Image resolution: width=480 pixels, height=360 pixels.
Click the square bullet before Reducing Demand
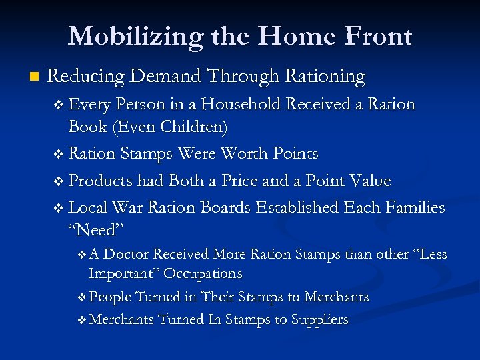[26, 77]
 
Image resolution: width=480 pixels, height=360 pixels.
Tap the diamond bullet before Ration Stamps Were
[61, 154]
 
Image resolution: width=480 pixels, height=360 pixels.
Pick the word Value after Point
[368, 181]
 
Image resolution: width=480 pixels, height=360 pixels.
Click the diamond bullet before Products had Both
[61, 181]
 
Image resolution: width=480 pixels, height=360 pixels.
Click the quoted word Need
[95, 230]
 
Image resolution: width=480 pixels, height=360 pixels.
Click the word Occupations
[203, 273]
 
